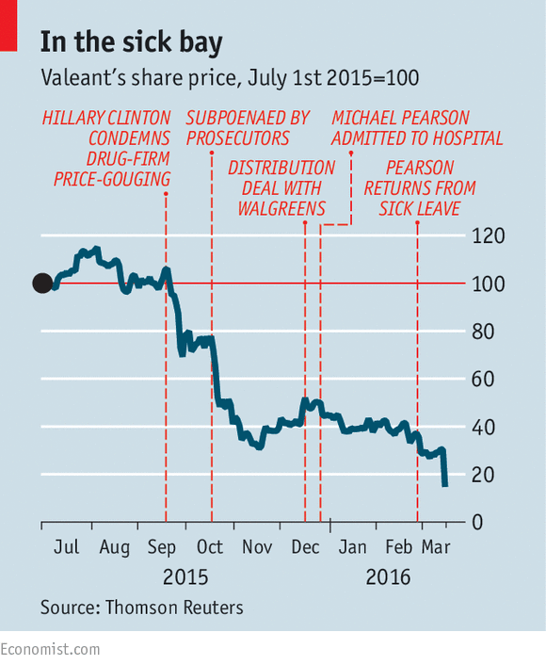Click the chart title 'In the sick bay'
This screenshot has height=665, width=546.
[132, 43]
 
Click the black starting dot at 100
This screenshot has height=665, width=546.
[42, 284]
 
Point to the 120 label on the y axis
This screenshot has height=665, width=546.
[488, 235]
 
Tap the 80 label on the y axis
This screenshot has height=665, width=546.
[483, 332]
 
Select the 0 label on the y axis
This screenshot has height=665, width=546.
[477, 523]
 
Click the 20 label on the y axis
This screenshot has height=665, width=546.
[483, 475]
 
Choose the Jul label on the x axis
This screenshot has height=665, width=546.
[66, 547]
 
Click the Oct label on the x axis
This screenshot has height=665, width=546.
[209, 547]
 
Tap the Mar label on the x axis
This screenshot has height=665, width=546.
[436, 547]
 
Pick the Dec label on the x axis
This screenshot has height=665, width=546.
[305, 547]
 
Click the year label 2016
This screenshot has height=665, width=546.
[388, 577]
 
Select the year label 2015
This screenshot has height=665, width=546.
[185, 577]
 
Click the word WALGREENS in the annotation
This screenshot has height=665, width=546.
[281, 209]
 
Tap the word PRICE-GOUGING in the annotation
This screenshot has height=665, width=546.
[112, 179]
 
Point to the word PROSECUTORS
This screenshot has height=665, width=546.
[238, 138]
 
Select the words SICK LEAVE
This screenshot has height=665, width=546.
[419, 209]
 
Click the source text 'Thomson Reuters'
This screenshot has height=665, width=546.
[174, 608]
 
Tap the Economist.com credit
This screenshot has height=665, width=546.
[50, 650]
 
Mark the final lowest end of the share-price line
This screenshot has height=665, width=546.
[445, 486]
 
